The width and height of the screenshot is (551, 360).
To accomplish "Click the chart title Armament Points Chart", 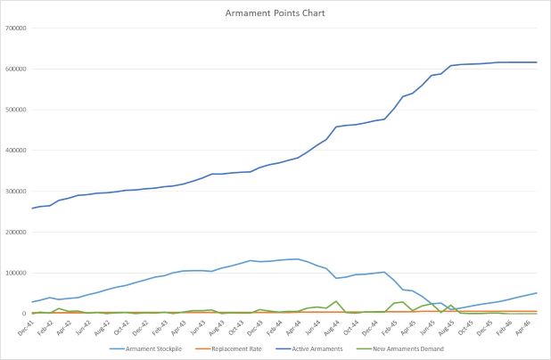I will [x=275, y=13].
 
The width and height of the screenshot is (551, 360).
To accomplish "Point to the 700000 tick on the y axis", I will [x=17, y=28].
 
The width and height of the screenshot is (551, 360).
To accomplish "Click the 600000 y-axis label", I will [x=17, y=69].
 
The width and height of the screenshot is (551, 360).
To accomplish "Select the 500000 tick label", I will [x=17, y=110].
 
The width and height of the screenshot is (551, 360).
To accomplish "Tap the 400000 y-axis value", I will [x=17, y=151].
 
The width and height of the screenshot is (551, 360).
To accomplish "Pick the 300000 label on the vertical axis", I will [x=17, y=192].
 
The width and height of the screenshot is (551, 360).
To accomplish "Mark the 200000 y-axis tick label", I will [x=17, y=233].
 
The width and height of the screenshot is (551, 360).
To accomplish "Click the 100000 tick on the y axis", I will [x=17, y=274].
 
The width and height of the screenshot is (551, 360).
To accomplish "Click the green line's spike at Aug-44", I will [x=335, y=301].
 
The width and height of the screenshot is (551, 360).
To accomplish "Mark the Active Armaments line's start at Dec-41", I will [x=32, y=209].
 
